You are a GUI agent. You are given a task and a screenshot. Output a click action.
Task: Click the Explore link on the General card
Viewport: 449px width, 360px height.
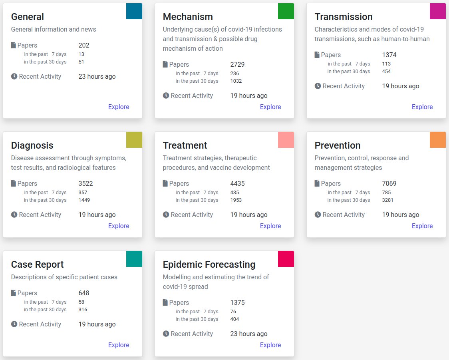point(119,107)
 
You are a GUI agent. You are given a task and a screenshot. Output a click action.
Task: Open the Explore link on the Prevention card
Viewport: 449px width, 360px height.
point(422,226)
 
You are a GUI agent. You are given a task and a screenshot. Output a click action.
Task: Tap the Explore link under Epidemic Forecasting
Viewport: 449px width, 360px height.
point(270,345)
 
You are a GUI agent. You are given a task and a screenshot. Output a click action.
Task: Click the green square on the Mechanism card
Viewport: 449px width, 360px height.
point(286,11)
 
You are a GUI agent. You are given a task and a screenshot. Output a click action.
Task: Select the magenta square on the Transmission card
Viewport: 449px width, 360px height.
point(438,11)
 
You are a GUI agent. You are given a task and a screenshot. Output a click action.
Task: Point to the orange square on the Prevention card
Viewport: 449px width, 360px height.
point(438,140)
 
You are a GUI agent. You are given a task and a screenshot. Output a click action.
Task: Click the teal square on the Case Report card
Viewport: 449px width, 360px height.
point(134,259)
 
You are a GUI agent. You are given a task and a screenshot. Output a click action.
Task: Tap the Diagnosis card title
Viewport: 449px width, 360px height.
point(32,145)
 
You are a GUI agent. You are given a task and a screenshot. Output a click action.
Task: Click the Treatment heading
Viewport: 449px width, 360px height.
point(185,145)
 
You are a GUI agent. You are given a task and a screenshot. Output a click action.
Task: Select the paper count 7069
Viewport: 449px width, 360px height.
point(389,183)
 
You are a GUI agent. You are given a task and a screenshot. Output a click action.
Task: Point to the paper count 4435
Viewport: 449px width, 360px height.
point(238,183)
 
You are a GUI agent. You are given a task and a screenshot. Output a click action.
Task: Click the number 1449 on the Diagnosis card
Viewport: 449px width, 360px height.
point(84,200)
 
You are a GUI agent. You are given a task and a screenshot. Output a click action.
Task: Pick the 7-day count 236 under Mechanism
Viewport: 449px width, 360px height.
point(234,73)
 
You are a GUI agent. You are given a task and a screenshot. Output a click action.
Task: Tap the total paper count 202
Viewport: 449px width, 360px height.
point(84,45)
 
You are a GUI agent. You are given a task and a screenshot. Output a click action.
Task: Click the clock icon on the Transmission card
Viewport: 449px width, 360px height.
point(318,86)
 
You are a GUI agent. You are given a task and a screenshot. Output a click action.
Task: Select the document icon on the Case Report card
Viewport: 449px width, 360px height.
point(14,293)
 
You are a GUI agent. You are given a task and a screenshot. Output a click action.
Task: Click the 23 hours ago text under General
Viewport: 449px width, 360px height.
point(97,76)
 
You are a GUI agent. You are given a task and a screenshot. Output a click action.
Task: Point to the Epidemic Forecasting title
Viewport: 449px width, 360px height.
point(209,265)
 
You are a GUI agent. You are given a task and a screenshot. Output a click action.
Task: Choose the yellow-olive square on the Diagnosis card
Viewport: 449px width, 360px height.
point(134,140)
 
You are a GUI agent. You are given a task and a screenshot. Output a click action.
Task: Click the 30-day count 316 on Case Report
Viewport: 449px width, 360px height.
point(83,309)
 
